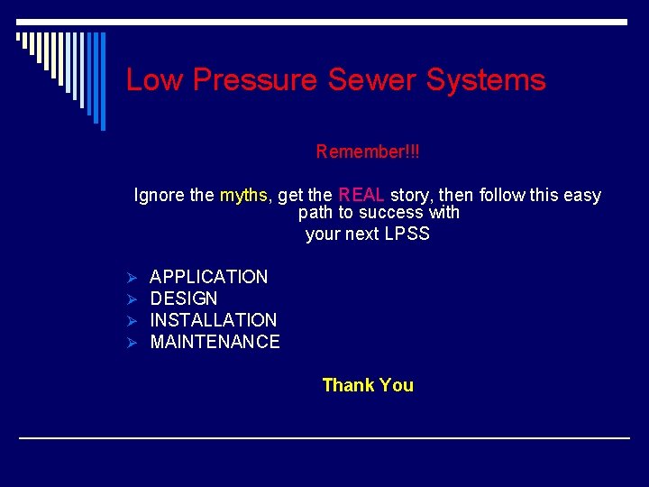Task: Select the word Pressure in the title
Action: pyautogui.click(x=256, y=79)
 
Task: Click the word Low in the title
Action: pyautogui.click(x=154, y=79)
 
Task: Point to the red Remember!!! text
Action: pyautogui.click(x=368, y=152)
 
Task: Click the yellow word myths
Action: pyautogui.click(x=243, y=195)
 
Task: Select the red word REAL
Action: pyautogui.click(x=361, y=195)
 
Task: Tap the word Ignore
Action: pyautogui.click(x=160, y=195)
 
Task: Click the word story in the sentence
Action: pyautogui.click(x=409, y=195)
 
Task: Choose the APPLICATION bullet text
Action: pyautogui.click(x=208, y=277)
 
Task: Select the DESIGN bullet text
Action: pyautogui.click(x=184, y=299)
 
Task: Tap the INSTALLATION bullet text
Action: pyautogui.click(x=213, y=320)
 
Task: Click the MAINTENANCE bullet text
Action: pyautogui.click(x=215, y=342)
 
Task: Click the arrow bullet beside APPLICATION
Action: pyautogui.click(x=131, y=277)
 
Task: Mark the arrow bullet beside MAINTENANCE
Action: pyautogui.click(x=131, y=342)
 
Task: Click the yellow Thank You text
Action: pyautogui.click(x=368, y=385)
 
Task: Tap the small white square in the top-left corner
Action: pyautogui.click(x=18, y=37)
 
